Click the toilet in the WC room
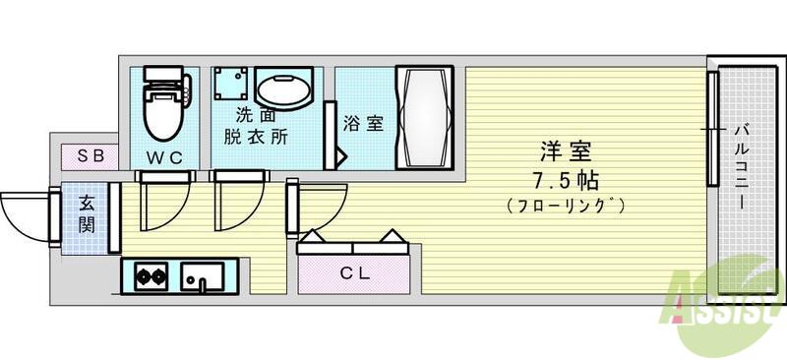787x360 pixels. tap(165, 103)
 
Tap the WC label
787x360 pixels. tap(164, 158)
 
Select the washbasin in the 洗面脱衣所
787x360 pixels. tap(283, 89)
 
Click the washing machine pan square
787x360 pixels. tap(230, 84)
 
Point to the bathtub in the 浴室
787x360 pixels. tap(424, 117)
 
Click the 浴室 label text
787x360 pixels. tap(363, 123)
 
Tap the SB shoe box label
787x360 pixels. tap(91, 155)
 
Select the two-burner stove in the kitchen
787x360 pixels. tap(151, 275)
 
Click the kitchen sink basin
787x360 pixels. tap(203, 276)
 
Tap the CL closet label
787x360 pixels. tap(355, 273)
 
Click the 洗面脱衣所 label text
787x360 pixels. tap(256, 127)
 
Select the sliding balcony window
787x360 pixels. tap(713, 129)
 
